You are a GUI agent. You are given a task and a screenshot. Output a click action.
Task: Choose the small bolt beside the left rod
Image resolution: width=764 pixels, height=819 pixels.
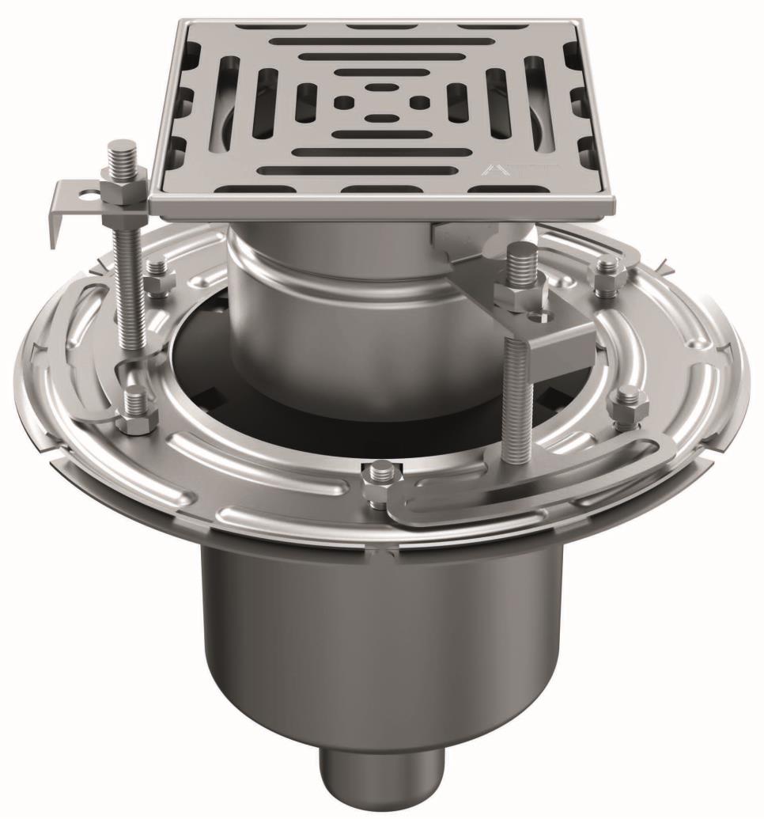click(158, 277)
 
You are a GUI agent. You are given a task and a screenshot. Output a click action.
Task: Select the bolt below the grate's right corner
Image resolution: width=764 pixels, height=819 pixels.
click(607, 273)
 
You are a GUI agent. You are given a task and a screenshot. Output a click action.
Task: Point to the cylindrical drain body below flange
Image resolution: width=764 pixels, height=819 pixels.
click(380, 633)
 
